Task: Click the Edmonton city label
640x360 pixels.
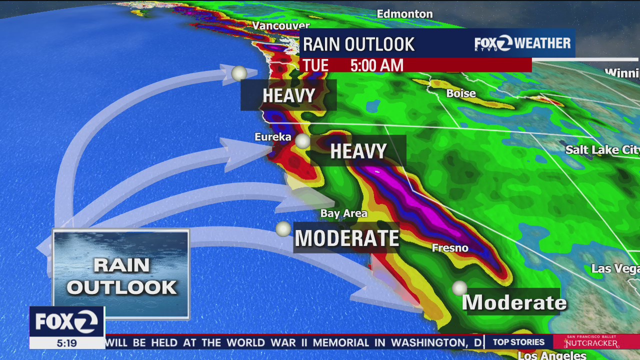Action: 404,14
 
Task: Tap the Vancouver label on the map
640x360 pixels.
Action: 281,25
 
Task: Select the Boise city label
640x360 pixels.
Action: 460,93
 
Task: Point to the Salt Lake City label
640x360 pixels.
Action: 602,150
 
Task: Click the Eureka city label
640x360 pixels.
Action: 272,137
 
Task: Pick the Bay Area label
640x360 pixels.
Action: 344,213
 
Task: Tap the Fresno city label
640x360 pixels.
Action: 450,248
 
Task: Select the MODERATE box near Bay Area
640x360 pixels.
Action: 347,238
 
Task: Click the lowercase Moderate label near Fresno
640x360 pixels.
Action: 514,302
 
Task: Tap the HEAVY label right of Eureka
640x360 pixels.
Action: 358,151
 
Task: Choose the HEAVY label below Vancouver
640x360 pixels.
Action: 288,95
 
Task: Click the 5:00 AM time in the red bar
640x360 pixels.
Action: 376,65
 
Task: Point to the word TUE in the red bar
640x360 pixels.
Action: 315,65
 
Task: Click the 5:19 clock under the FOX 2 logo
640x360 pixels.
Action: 66,343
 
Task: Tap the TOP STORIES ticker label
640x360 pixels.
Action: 518,342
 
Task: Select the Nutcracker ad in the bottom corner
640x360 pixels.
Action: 591,342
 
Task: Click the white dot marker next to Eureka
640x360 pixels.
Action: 302,141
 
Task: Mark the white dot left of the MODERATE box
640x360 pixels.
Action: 283,229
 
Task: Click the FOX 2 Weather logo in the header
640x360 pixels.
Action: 522,43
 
